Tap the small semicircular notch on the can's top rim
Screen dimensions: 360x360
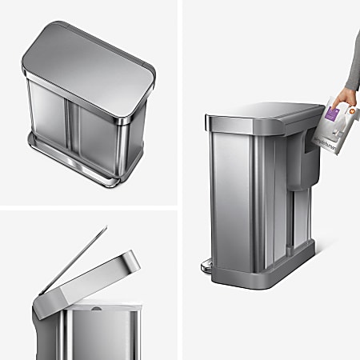[97, 305]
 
